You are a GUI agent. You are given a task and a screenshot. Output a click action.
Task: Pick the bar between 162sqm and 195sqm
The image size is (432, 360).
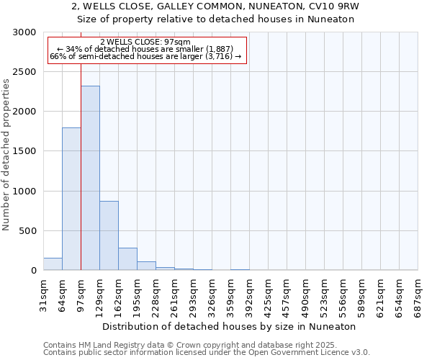point(127,258)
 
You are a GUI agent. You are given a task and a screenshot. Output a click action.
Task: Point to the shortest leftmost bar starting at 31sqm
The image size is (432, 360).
point(53,264)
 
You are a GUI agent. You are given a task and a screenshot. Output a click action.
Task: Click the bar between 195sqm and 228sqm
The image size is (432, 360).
point(146,266)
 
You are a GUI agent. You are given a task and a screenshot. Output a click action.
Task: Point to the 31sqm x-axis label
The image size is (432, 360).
point(43,294)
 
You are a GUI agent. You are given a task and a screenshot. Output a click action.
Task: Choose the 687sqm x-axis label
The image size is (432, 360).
point(418,294)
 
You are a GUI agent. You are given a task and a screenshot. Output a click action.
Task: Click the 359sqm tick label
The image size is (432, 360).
point(230,294)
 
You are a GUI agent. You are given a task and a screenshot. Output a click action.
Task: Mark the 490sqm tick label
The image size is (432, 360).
point(305,294)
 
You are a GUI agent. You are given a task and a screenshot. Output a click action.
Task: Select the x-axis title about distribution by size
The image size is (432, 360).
point(230,326)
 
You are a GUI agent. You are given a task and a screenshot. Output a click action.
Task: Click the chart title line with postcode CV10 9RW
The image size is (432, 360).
point(216,6)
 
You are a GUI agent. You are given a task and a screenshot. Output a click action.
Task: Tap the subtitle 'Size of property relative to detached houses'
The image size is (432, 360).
point(216,19)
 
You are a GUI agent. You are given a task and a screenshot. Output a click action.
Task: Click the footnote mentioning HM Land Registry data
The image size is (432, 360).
point(206,345)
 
